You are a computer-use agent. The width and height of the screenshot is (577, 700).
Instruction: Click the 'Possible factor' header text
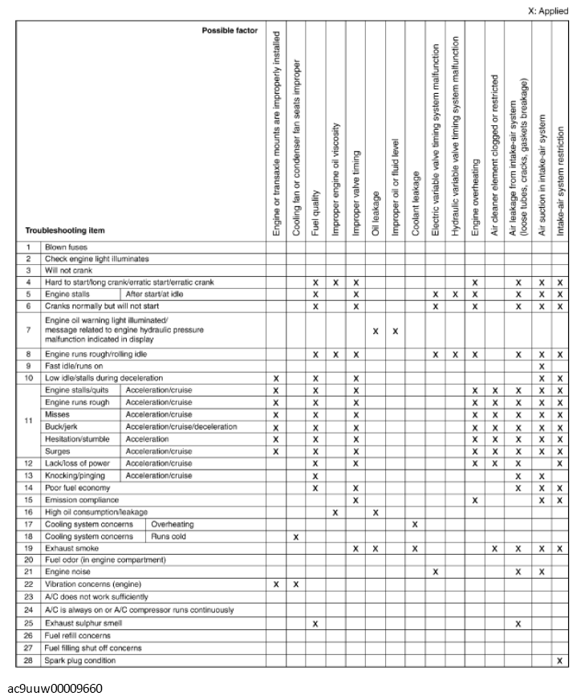(x=230, y=31)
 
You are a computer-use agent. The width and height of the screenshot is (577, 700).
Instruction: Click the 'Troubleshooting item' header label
(x=65, y=230)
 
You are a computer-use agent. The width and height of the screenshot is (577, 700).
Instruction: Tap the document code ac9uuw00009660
(x=55, y=688)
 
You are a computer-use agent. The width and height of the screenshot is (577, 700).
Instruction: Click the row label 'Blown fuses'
(x=66, y=247)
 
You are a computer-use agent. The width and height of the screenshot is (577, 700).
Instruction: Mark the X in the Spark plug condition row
(x=559, y=660)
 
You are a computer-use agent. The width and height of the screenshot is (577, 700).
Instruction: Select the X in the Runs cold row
(x=296, y=535)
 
